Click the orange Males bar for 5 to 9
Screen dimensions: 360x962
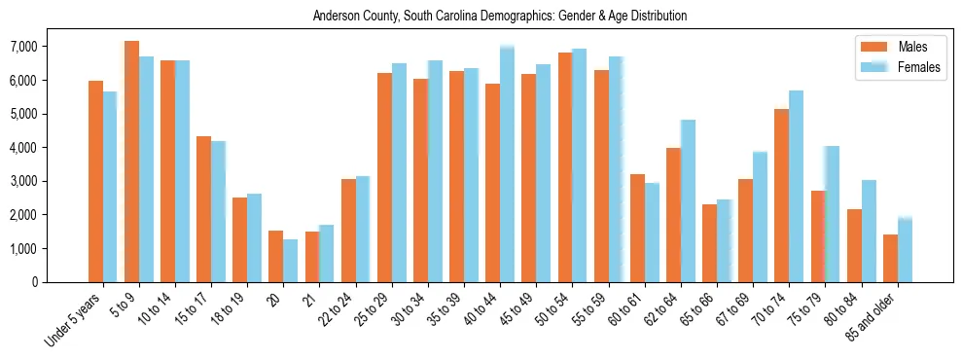[x=131, y=162]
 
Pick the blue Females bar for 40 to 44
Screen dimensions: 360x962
[x=507, y=164]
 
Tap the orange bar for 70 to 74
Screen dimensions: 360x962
[x=782, y=196]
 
